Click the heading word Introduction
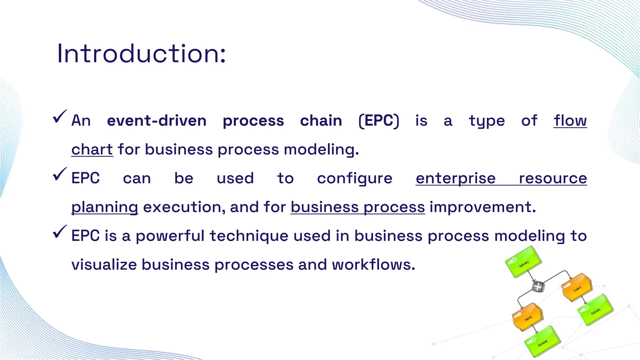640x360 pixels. click(141, 54)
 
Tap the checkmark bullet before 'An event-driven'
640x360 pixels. click(60, 117)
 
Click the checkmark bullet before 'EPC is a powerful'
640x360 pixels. click(60, 232)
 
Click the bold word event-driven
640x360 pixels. click(157, 121)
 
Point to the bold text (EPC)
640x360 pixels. click(379, 121)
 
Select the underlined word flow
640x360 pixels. click(570, 121)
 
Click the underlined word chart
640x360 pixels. click(92, 149)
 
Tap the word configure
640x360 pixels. click(355, 178)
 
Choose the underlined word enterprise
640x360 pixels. click(456, 178)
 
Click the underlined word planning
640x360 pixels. click(105, 207)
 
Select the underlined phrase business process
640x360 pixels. click(357, 207)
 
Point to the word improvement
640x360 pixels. click(482, 207)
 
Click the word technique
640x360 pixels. click(249, 236)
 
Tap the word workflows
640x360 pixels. click(373, 265)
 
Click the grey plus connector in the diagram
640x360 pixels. click(538, 286)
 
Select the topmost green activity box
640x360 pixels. click(523, 262)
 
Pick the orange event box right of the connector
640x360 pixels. click(577, 287)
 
